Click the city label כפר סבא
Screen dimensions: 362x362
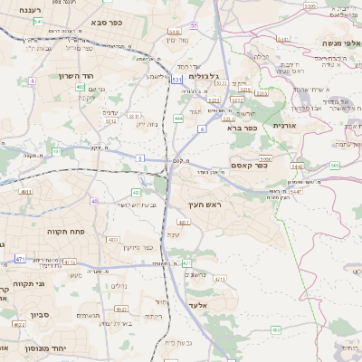coord(108,20)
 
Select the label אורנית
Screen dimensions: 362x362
coord(283,125)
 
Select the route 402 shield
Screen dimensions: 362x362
coord(81,87)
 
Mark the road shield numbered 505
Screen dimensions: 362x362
coord(335,165)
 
